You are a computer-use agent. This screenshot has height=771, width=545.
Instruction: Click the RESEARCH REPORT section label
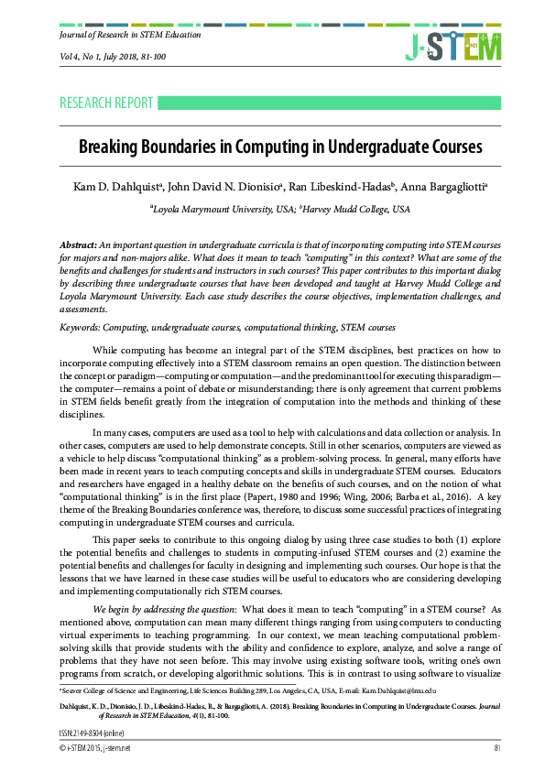[x=106, y=103]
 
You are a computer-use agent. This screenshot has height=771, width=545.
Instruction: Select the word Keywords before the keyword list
[x=80, y=327]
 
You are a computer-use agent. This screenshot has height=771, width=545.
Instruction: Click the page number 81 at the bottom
[x=496, y=748]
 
